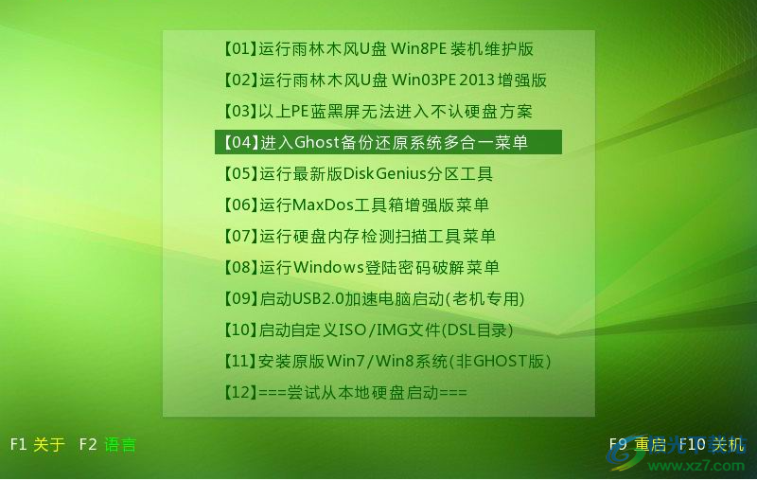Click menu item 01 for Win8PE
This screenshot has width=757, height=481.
point(378,49)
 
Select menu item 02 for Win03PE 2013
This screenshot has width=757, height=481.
point(384,80)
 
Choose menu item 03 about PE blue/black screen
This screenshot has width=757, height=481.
point(377,111)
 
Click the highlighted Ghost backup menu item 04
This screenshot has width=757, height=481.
point(388,142)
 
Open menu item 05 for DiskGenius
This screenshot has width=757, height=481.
point(358,173)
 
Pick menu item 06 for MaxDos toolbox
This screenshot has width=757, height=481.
point(356,205)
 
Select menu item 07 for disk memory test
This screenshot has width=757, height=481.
point(359,236)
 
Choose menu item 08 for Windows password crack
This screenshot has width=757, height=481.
point(361,267)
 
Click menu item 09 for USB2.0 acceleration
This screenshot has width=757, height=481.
point(373,298)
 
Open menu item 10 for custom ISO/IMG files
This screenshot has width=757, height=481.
point(367,330)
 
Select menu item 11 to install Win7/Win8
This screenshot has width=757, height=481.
point(386,361)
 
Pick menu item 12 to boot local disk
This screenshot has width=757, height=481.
point(344,392)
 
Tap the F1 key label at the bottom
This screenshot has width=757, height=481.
point(18,444)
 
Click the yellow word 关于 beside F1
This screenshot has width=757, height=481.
point(49,444)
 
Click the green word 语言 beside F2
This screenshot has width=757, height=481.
point(120,444)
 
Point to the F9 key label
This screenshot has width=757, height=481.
point(618,444)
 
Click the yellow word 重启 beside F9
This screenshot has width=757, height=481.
point(650,444)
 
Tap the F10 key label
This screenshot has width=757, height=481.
point(693,444)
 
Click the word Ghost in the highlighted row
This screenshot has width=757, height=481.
point(317,142)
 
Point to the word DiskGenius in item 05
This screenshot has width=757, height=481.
point(385,173)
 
